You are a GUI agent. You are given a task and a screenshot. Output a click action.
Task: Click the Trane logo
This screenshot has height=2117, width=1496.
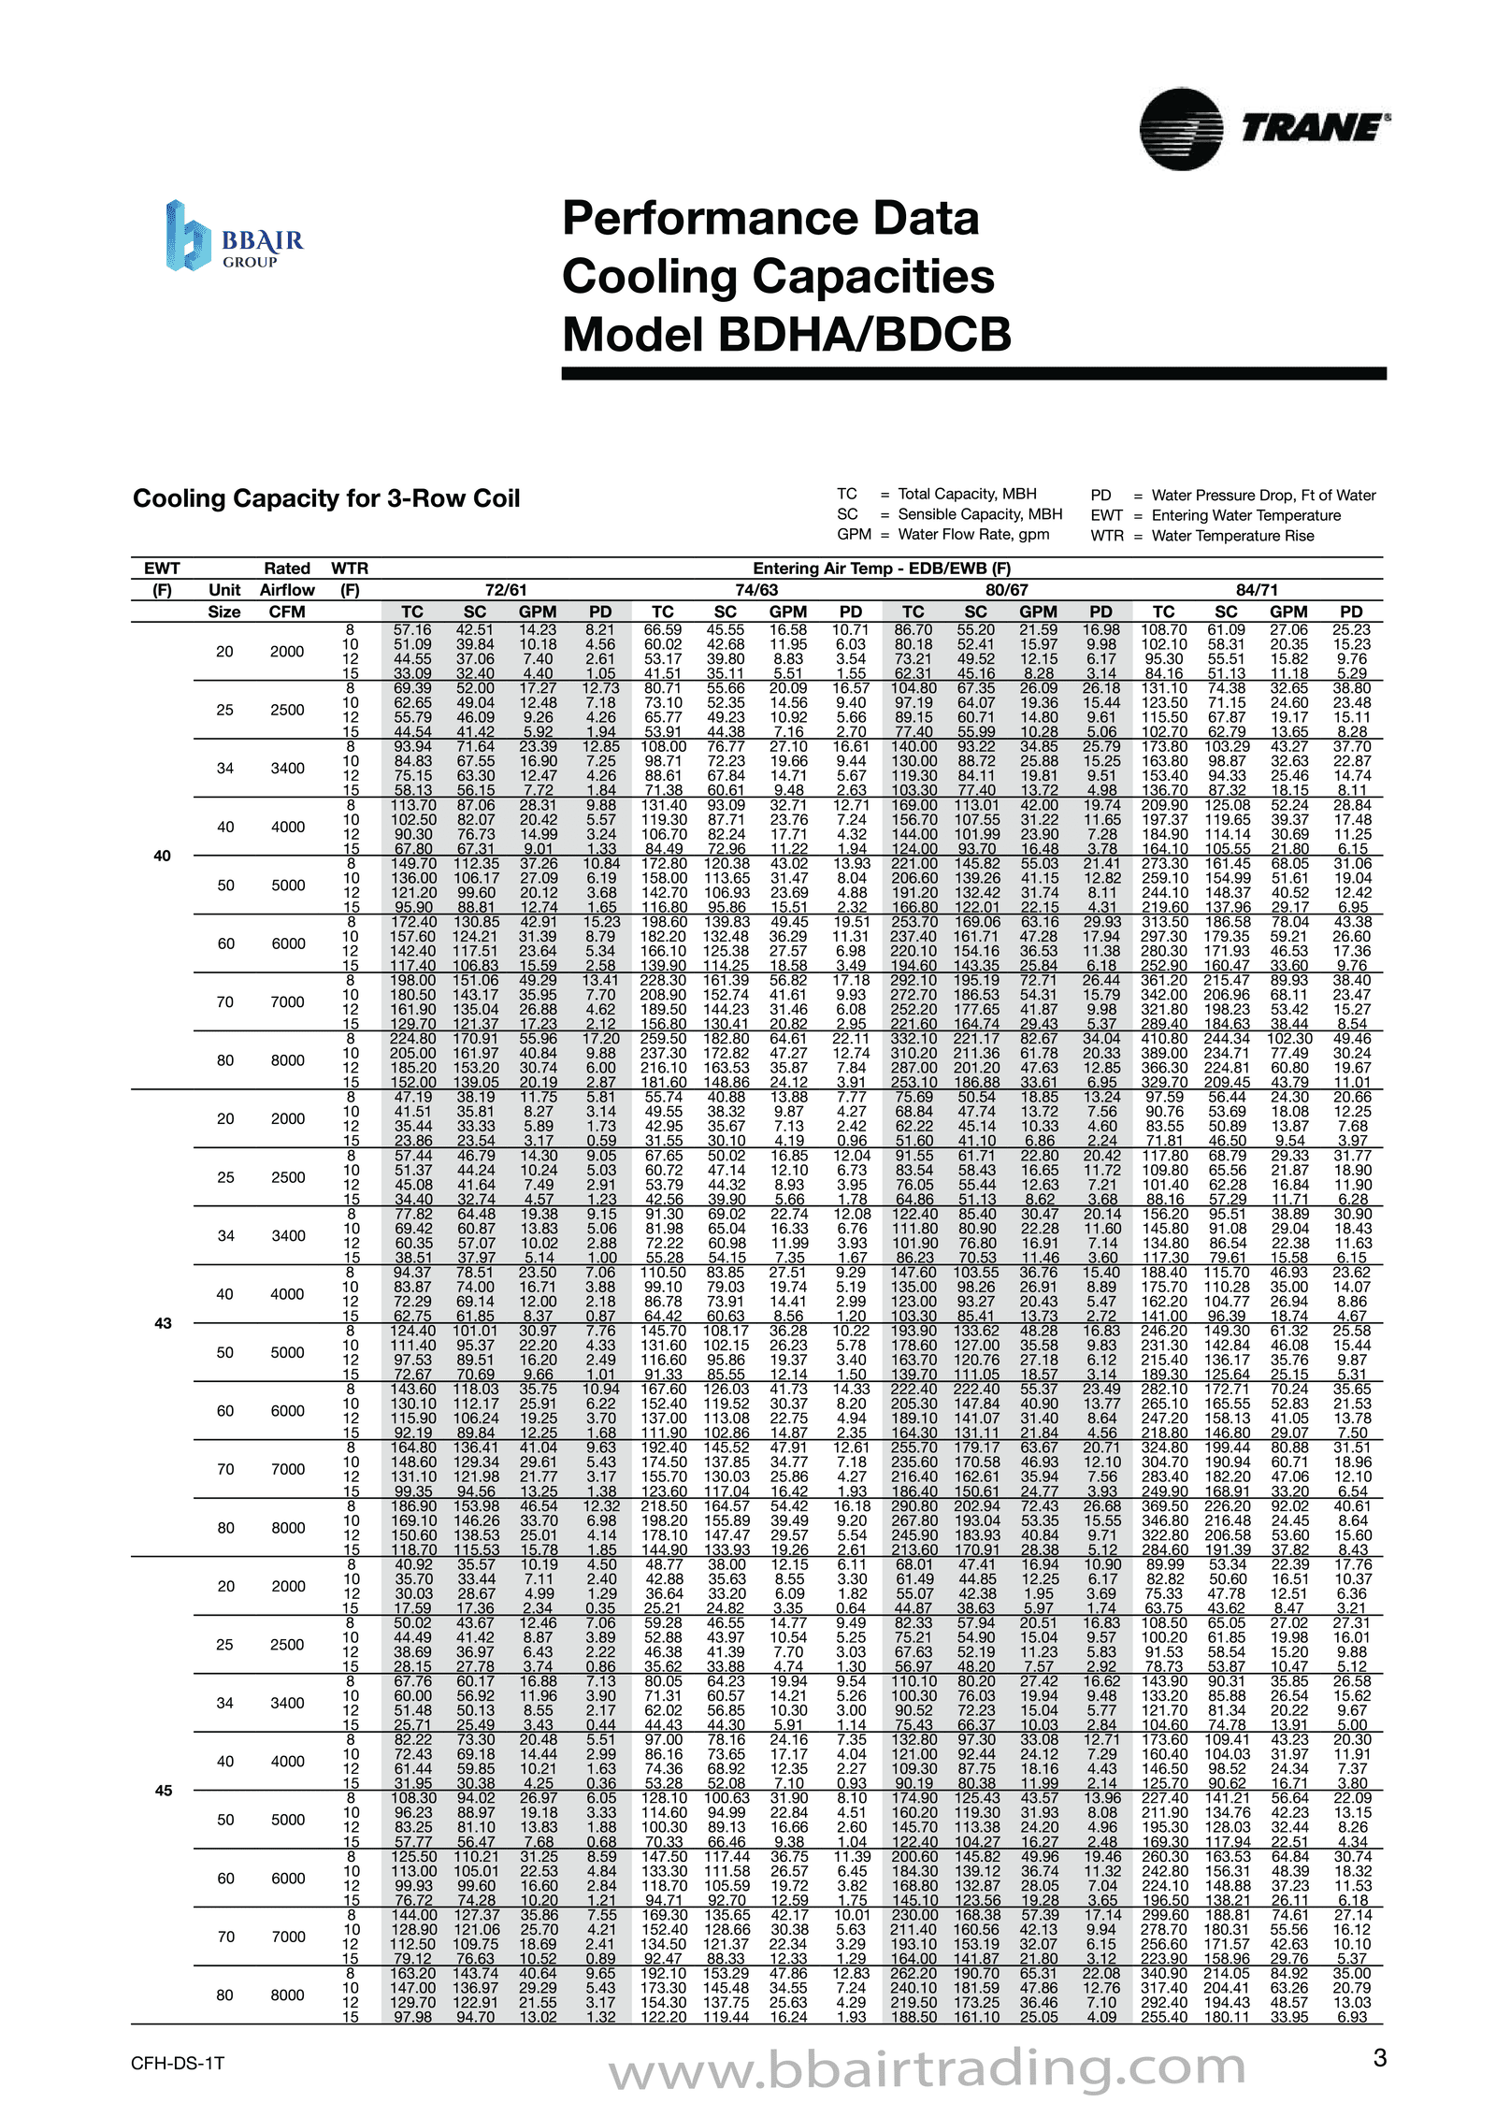click(x=1263, y=129)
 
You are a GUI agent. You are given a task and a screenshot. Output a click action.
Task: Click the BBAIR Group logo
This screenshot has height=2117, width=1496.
click(x=234, y=237)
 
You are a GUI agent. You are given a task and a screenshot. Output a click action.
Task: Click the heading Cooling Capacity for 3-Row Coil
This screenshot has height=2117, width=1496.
click(x=325, y=498)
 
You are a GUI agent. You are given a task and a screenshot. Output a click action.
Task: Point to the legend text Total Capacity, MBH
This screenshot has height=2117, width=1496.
click(x=967, y=494)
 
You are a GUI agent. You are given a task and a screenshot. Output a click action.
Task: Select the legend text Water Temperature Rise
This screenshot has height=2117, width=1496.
click(x=1232, y=536)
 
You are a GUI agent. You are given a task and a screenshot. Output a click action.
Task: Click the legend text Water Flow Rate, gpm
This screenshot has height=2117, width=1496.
click(x=973, y=534)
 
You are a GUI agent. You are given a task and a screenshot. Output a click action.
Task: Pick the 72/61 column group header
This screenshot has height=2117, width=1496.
click(x=506, y=590)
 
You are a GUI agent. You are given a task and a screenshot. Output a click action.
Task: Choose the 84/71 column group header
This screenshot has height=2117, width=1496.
click(x=1257, y=590)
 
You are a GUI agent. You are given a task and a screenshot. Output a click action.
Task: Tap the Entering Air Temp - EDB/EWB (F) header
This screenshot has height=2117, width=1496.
click(x=882, y=569)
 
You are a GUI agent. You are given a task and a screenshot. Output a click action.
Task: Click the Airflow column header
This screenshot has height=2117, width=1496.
click(x=287, y=590)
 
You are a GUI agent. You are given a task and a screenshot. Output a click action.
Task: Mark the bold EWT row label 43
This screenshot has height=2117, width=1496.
click(x=163, y=1323)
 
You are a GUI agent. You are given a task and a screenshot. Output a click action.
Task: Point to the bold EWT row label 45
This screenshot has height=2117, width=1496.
click(x=163, y=1791)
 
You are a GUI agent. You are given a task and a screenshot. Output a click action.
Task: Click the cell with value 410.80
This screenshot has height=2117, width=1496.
click(x=1164, y=1039)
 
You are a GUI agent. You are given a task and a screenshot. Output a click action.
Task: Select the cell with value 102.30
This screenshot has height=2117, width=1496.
click(x=1288, y=1039)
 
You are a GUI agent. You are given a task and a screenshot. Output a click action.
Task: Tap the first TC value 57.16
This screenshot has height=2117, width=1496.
click(x=412, y=630)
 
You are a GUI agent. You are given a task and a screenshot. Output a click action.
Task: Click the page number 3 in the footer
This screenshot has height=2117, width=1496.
click(x=1379, y=2058)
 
